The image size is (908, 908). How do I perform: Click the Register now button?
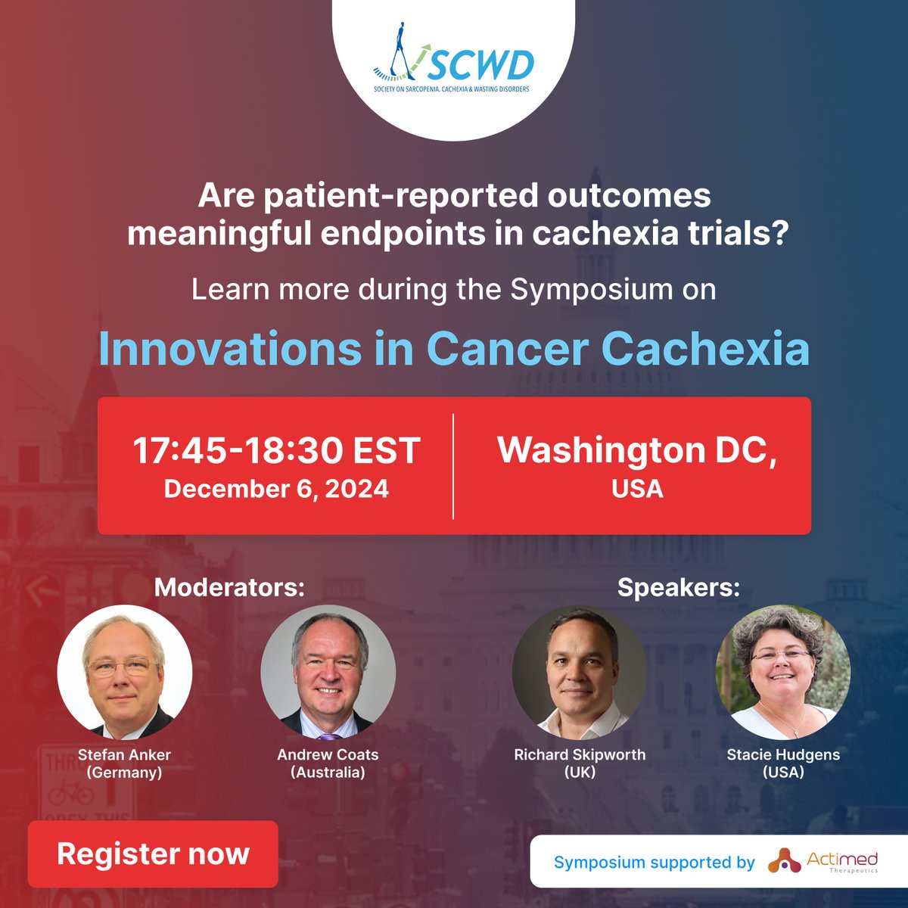pos(153,854)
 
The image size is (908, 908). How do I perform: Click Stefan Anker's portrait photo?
pos(125,672)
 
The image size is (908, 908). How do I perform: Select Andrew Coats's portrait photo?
pos(328,672)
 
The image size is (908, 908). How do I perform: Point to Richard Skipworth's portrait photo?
pos(580,672)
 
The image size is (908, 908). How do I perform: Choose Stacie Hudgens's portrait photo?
pos(783,672)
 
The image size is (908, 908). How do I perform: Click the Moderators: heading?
pos(229,587)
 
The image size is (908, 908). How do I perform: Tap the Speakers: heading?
pos(679,587)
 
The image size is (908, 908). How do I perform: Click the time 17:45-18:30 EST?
pos(276,451)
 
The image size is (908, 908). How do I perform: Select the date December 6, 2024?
pos(276,489)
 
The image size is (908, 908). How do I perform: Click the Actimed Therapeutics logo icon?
pos(784,861)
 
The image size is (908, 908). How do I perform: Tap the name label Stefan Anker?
pos(124,754)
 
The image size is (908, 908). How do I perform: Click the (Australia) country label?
pos(328,773)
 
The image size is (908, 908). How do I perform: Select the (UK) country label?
pos(580,773)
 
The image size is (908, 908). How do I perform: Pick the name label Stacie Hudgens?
pos(783,754)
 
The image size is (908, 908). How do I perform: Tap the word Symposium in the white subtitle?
pos(592,289)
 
